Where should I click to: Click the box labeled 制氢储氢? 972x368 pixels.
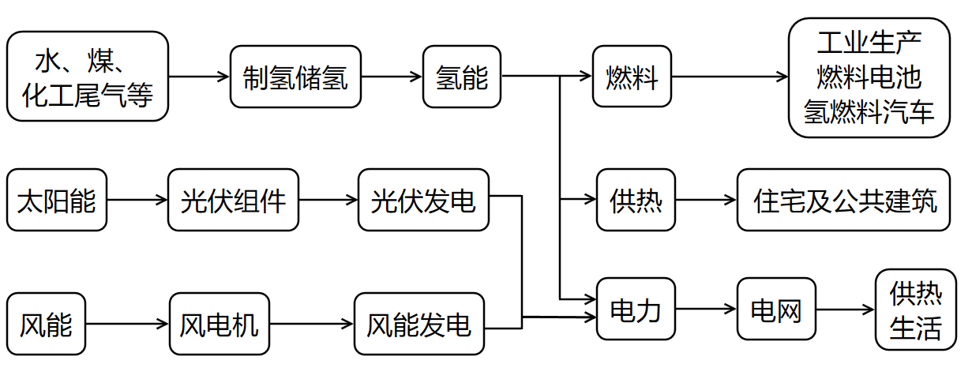[x=295, y=77]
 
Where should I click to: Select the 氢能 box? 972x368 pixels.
[x=462, y=77]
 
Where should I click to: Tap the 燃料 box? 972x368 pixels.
[x=632, y=77]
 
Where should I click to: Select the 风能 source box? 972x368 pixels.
[x=46, y=324]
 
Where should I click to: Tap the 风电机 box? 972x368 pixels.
[x=219, y=324]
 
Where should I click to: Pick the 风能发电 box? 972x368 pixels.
[x=418, y=324]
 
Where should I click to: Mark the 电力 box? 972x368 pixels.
[x=636, y=310]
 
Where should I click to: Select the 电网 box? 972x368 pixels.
[x=775, y=310]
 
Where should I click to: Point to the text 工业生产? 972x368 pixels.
[x=869, y=41]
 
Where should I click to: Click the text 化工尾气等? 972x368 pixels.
[x=87, y=95]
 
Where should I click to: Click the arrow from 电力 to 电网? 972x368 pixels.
[x=707, y=310]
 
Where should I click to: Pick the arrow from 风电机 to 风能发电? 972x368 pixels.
[x=311, y=324]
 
